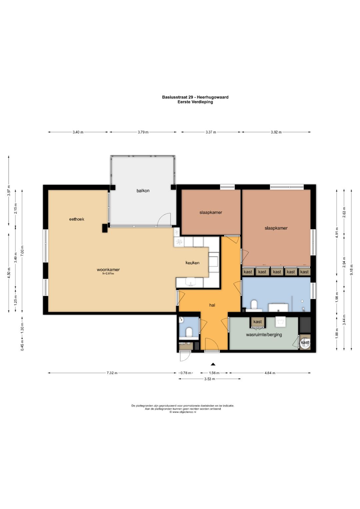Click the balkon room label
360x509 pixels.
(143, 191)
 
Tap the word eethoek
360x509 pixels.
(77, 219)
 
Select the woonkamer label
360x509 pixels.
(108, 270)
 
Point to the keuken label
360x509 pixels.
(193, 263)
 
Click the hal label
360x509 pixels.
(212, 305)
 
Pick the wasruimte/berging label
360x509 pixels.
(264, 335)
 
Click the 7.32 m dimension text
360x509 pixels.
(112, 373)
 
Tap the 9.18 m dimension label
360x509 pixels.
(352, 270)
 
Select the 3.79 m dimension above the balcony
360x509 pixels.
(143, 132)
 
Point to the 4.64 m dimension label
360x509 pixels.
(270, 373)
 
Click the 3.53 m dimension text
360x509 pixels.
(210, 379)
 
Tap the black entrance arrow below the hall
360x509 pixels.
(213, 364)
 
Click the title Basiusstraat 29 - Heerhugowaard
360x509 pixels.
(195, 97)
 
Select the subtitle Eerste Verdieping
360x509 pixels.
(195, 102)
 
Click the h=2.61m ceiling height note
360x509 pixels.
(108, 274)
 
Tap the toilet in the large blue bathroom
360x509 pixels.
(254, 305)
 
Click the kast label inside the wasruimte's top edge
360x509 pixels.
(257, 322)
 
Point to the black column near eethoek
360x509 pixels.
(105, 228)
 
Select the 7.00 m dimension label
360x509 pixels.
(22, 251)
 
